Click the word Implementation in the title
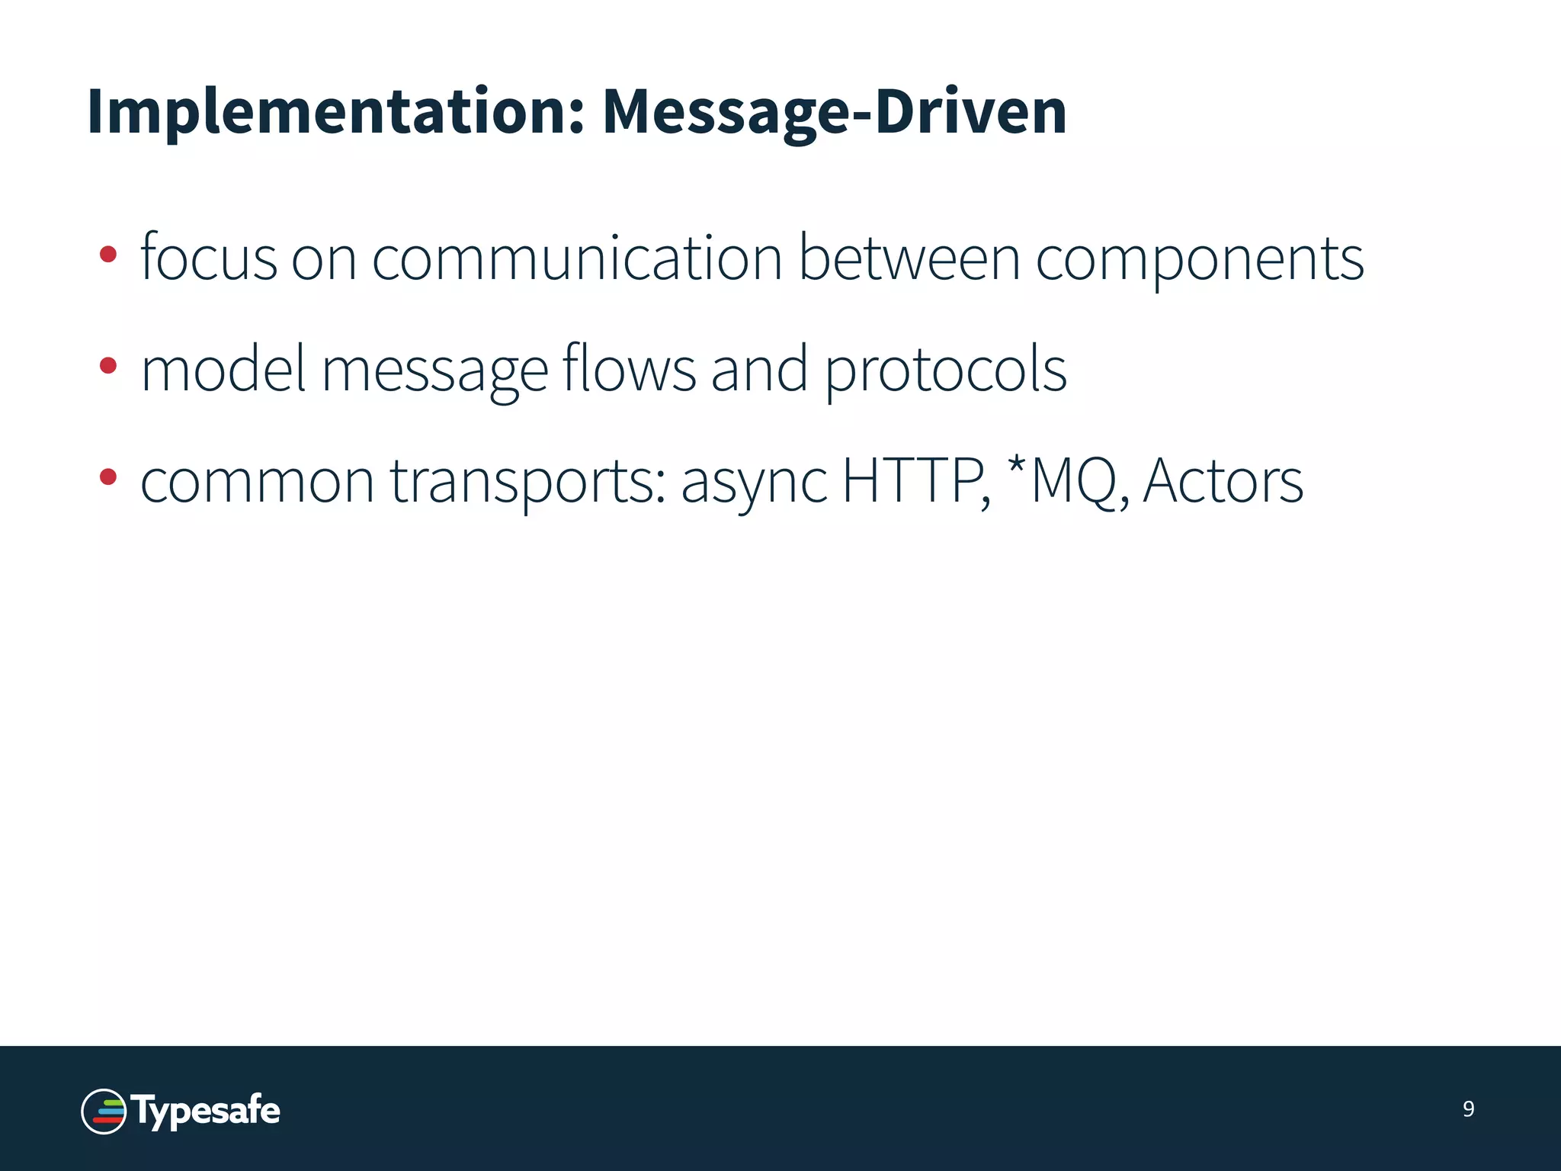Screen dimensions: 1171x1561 click(x=335, y=113)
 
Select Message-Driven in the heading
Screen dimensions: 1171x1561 click(x=834, y=113)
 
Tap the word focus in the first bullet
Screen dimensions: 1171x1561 click(x=208, y=258)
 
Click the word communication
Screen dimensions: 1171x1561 click(x=577, y=258)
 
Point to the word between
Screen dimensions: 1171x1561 click(x=909, y=258)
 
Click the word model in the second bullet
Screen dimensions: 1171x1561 click(x=223, y=369)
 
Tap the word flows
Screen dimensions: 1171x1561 click(x=629, y=369)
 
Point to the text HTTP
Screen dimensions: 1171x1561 click(x=915, y=480)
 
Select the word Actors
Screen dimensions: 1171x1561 click(x=1223, y=480)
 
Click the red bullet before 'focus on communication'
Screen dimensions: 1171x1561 click(x=108, y=254)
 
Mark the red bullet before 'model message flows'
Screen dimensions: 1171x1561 click(x=108, y=366)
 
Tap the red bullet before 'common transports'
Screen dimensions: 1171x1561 click(x=108, y=477)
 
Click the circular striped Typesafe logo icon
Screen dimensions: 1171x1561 click(x=104, y=1112)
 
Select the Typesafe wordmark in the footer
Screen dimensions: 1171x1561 click(x=207, y=1111)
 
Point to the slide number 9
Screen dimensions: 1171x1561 click(x=1469, y=1109)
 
